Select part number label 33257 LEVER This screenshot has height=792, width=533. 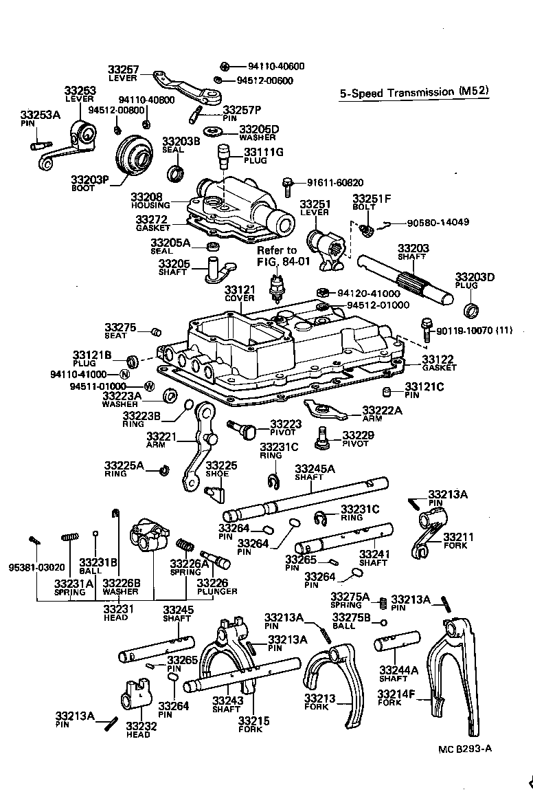tap(123, 73)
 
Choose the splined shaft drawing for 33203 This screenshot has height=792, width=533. tap(405, 280)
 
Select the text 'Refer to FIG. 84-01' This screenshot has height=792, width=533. tap(277, 255)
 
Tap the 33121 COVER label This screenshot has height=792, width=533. tap(239, 294)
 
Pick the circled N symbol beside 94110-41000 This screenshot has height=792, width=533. tap(124, 375)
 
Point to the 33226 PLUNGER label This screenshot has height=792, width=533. tap(218, 586)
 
